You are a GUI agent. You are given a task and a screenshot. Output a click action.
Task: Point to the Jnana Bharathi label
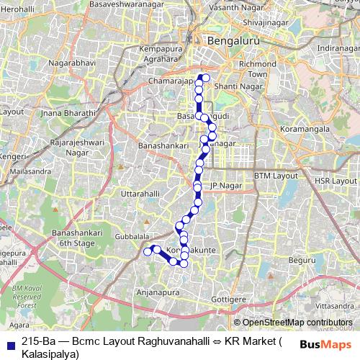coord(68,113)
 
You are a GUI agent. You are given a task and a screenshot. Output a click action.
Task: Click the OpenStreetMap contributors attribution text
coord(297,323)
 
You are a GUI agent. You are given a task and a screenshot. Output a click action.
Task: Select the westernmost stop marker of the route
coord(147,251)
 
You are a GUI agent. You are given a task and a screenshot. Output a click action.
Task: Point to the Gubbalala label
coord(132,235)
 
